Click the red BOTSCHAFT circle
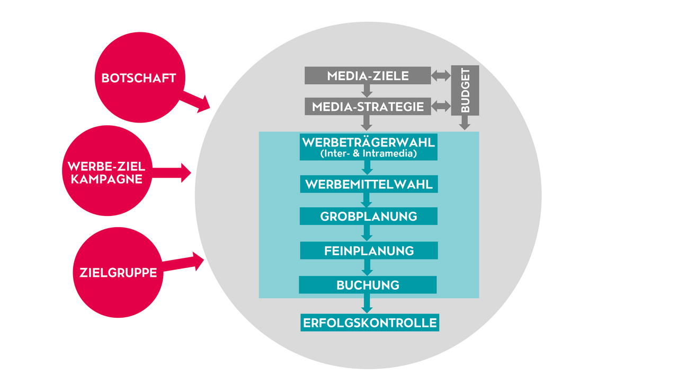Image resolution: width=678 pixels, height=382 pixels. (138, 77)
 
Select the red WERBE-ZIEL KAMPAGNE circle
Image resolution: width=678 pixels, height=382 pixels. (105, 172)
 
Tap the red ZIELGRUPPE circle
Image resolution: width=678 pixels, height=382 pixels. (118, 273)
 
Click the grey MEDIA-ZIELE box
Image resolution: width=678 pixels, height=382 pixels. (368, 75)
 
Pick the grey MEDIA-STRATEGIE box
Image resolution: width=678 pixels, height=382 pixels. (368, 107)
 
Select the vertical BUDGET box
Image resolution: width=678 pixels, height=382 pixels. (465, 90)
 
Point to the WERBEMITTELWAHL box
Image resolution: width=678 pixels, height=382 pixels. (368, 184)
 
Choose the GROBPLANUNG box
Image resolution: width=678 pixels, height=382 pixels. (368, 216)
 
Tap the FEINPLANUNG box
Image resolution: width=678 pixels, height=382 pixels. (369, 250)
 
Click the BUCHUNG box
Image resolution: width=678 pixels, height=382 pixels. (368, 285)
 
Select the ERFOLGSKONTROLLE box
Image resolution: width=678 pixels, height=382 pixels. (369, 323)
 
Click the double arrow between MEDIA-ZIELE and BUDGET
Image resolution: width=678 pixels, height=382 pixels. (441, 76)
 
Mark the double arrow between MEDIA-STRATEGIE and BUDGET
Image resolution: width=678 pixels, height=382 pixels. (441, 107)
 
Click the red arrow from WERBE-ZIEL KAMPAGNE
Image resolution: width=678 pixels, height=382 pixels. (172, 172)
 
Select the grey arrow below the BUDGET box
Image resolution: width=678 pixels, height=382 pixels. (465, 123)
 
